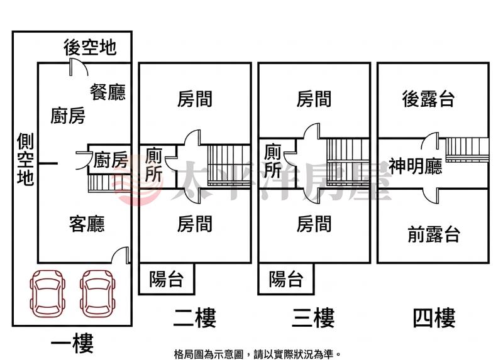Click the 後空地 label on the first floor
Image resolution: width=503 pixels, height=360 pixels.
[x=90, y=48]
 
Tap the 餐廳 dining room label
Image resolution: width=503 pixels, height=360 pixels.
[x=108, y=92]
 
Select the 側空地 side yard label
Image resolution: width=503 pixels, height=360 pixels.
[x=25, y=159]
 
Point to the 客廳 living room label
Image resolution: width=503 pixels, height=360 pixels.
[x=87, y=224]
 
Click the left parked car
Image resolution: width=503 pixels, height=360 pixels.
[x=48, y=293]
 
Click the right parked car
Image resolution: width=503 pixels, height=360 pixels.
[x=97, y=293]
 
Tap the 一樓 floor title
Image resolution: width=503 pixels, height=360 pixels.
[x=72, y=343]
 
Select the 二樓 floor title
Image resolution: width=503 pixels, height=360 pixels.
[x=195, y=318]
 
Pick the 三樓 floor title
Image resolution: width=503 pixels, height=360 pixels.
[x=313, y=318]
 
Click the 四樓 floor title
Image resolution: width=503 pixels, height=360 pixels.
[x=434, y=318]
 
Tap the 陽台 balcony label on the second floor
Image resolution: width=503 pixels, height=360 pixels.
[x=167, y=279]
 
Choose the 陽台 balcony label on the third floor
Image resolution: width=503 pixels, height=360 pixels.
[x=286, y=279]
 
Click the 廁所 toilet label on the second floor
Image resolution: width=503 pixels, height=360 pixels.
[x=153, y=165]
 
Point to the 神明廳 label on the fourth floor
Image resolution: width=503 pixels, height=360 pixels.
[x=416, y=166]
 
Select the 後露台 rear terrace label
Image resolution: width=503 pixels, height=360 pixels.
[x=428, y=99]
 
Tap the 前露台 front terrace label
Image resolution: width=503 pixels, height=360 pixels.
[x=434, y=234]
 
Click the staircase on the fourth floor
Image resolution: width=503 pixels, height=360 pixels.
[x=467, y=150]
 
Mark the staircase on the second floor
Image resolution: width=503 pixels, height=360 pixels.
[x=229, y=165]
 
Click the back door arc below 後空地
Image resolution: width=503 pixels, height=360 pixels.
[x=79, y=66]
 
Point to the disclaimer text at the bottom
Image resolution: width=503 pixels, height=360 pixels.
[x=257, y=354]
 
